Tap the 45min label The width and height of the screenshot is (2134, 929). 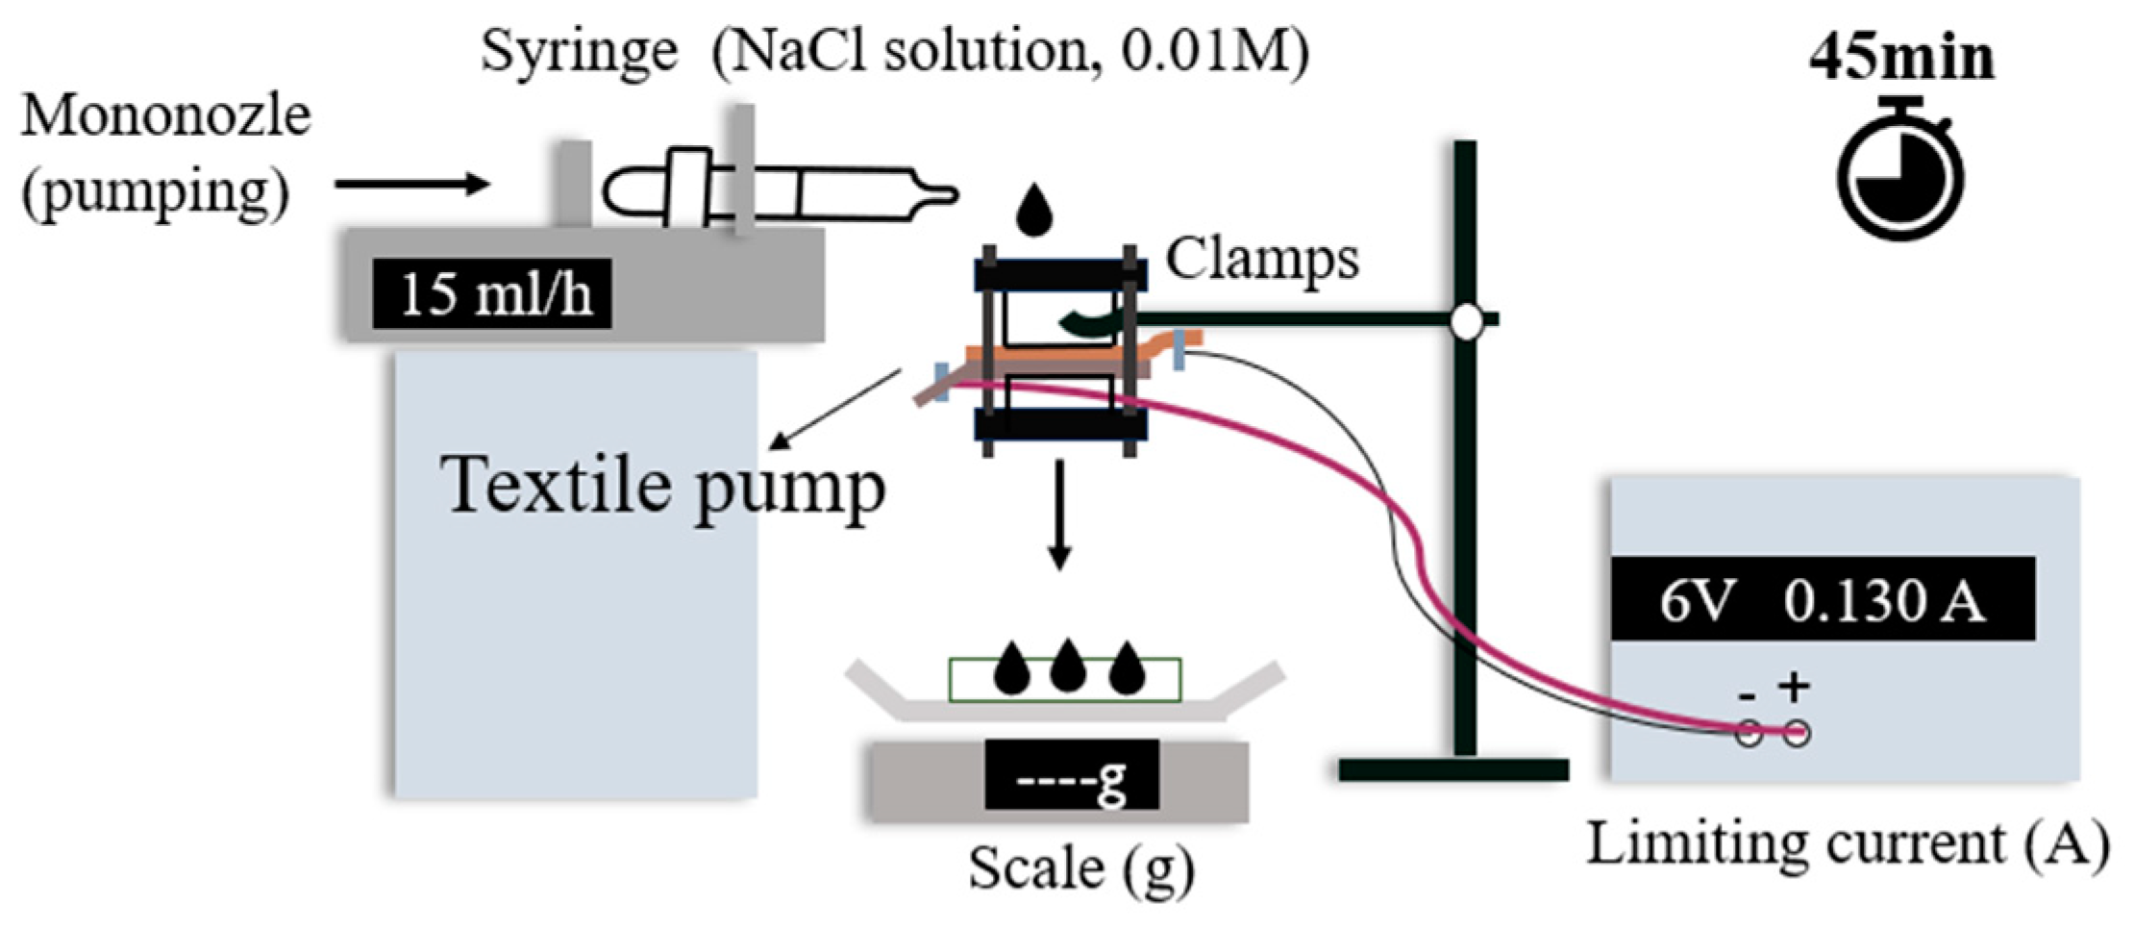click(x=1900, y=58)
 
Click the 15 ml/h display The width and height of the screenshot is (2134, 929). click(x=493, y=294)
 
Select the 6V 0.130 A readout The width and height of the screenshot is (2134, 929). click(x=1822, y=600)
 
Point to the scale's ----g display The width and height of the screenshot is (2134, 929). click(x=1072, y=775)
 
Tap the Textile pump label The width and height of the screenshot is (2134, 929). click(x=663, y=486)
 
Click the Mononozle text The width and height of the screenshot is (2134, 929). click(x=165, y=116)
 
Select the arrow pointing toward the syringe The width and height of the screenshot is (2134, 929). click(x=413, y=184)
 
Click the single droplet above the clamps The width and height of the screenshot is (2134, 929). click(x=1034, y=211)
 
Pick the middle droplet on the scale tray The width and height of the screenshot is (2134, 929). click(x=1068, y=667)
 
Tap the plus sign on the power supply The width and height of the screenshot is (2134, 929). click(x=1794, y=687)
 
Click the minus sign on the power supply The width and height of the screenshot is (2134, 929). click(x=1748, y=695)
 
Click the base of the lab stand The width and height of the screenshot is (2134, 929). click(x=1452, y=769)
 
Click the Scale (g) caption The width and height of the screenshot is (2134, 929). click(x=1080, y=868)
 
